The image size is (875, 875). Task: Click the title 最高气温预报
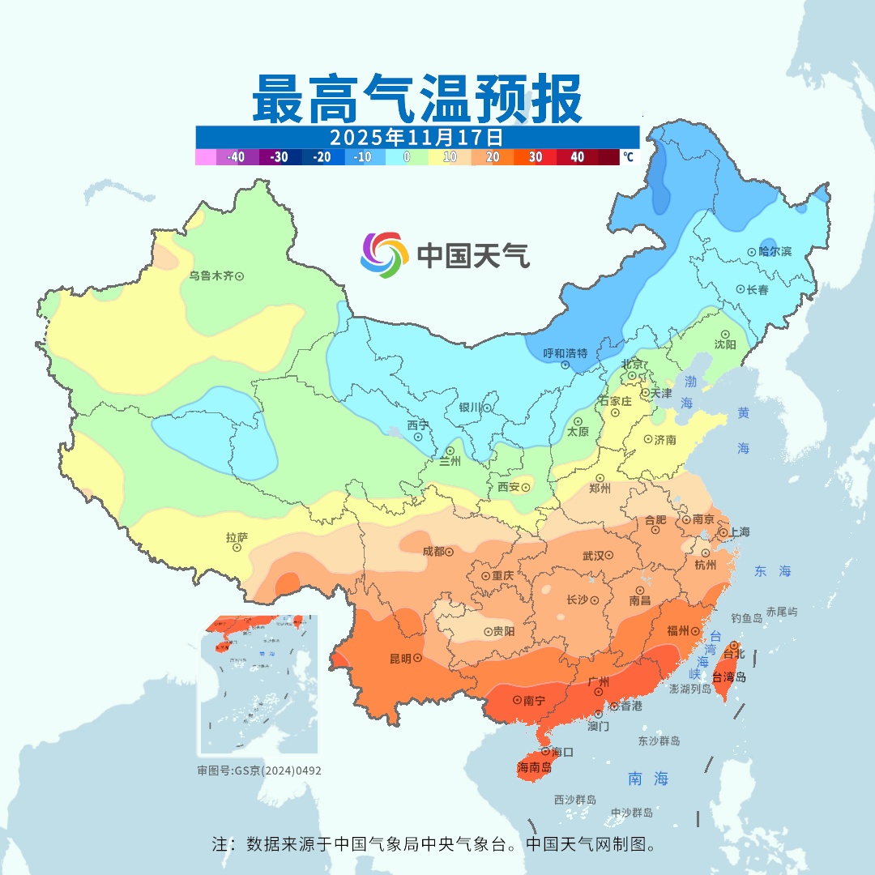click(x=417, y=98)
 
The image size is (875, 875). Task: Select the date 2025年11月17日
click(x=417, y=135)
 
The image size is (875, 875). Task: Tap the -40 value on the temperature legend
click(x=237, y=157)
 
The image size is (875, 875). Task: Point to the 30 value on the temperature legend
click(x=535, y=157)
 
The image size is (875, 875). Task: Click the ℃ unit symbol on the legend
click(x=629, y=157)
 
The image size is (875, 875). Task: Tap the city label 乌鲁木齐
click(x=211, y=276)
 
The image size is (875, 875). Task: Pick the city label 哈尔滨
click(x=775, y=252)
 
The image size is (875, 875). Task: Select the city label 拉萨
click(x=237, y=537)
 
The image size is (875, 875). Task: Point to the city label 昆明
click(x=399, y=659)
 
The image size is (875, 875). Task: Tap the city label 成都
click(x=433, y=552)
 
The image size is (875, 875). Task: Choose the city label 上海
click(x=739, y=532)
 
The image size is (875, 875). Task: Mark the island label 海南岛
click(x=535, y=767)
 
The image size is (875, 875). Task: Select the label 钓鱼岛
click(x=746, y=618)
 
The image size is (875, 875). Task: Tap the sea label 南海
click(x=648, y=779)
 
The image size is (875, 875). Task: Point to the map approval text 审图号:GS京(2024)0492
click(x=259, y=770)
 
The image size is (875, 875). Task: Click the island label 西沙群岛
click(x=575, y=800)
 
